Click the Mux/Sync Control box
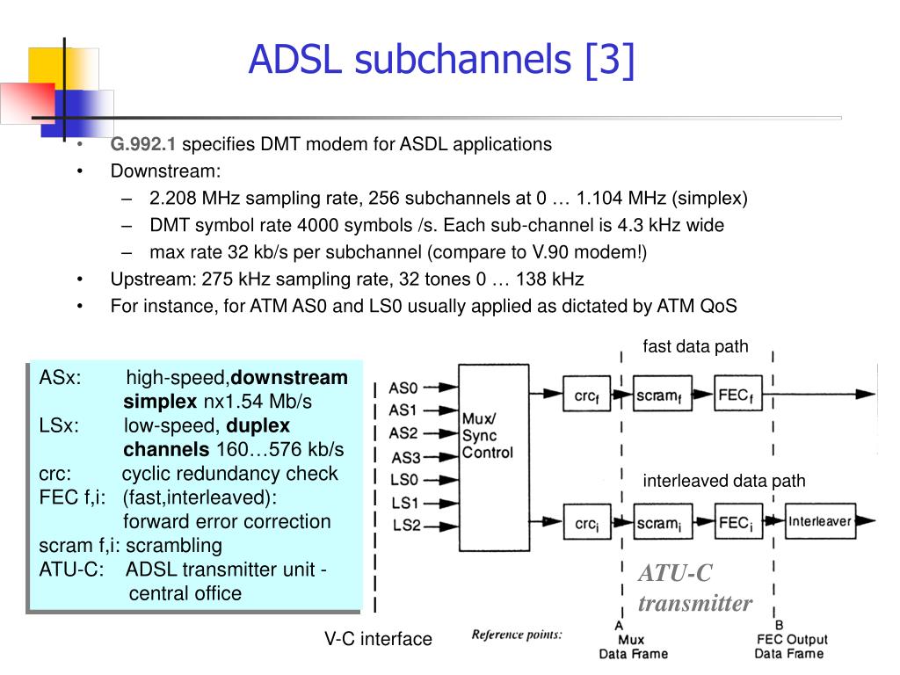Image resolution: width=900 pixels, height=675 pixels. click(x=494, y=457)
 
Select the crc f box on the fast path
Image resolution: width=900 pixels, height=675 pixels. click(x=586, y=394)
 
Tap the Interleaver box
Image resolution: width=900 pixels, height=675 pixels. click(x=820, y=521)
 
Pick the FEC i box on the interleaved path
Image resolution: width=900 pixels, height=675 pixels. click(x=738, y=521)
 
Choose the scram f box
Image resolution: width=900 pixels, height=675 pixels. click(x=662, y=394)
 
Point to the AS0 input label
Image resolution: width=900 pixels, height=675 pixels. click(x=403, y=388)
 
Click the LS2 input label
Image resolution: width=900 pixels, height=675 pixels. click(x=406, y=526)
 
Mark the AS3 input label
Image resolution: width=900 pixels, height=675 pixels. click(x=406, y=458)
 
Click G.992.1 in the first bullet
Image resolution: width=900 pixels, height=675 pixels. click(x=143, y=144)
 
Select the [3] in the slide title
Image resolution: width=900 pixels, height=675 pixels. click(x=610, y=60)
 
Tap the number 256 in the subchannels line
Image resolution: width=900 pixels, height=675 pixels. click(x=383, y=198)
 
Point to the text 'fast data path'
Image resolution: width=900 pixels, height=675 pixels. click(x=695, y=346)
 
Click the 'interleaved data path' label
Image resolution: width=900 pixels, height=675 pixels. click(x=724, y=481)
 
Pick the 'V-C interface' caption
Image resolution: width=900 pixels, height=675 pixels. click(x=378, y=639)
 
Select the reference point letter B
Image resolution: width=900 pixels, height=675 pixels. click(x=779, y=625)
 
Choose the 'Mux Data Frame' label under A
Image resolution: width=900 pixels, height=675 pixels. click(x=633, y=647)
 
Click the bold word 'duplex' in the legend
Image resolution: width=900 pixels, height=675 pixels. click(x=258, y=426)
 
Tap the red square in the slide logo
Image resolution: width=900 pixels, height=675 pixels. click(x=27, y=104)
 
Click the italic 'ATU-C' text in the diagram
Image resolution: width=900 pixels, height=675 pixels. click(x=675, y=573)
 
